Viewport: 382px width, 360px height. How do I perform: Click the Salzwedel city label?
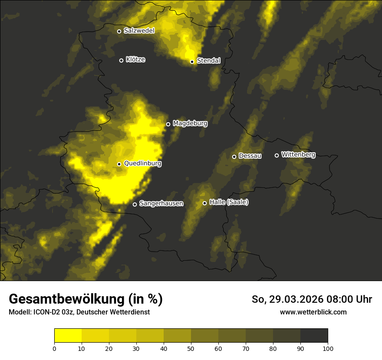point(139,31)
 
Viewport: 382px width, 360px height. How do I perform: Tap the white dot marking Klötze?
point(122,60)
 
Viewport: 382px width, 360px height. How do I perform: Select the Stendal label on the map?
point(208,61)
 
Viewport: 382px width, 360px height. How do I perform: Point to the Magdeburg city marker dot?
point(168,124)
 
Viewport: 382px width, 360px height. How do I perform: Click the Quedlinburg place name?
point(142,164)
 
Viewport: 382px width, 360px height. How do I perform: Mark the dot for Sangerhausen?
point(135,204)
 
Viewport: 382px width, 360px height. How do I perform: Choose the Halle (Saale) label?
point(229,202)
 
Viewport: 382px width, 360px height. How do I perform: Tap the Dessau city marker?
point(234,157)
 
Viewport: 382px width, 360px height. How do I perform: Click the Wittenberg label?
point(298,154)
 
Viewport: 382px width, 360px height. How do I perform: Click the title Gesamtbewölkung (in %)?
point(86,299)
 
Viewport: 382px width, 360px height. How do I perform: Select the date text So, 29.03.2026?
point(287,299)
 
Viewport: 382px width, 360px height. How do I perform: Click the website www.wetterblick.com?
point(313,312)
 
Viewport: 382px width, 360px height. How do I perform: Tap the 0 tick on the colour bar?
point(54,348)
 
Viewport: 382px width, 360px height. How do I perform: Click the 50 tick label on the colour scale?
point(191,348)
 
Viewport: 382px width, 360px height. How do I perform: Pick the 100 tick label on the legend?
point(328,348)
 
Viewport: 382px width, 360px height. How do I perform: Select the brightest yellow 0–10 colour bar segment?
point(68,336)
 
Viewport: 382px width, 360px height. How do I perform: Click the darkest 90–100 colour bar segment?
point(314,336)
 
